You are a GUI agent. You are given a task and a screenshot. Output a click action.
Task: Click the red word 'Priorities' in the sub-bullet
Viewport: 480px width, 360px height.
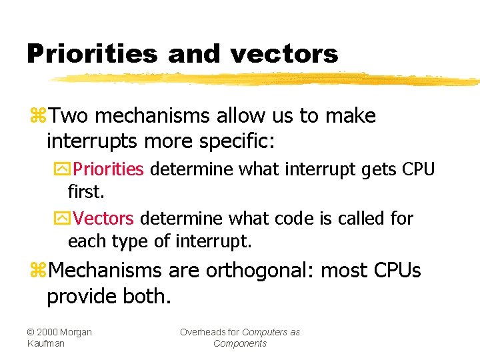point(109,169)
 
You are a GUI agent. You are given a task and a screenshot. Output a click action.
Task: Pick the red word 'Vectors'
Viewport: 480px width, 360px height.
point(104,219)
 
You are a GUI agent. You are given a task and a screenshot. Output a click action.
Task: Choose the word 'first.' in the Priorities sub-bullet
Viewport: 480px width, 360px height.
point(87,193)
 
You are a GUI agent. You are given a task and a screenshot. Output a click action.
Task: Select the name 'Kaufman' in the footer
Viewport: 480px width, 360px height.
point(46,343)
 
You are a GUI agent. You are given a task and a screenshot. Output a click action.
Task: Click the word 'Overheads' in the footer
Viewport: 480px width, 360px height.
point(209,332)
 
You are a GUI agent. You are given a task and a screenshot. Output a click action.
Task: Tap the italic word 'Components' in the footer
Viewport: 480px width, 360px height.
point(240,343)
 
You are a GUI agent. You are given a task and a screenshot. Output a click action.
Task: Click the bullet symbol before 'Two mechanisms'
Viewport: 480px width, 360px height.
point(38,117)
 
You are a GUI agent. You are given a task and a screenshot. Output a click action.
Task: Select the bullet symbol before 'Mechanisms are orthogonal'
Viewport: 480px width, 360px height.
point(38,271)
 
